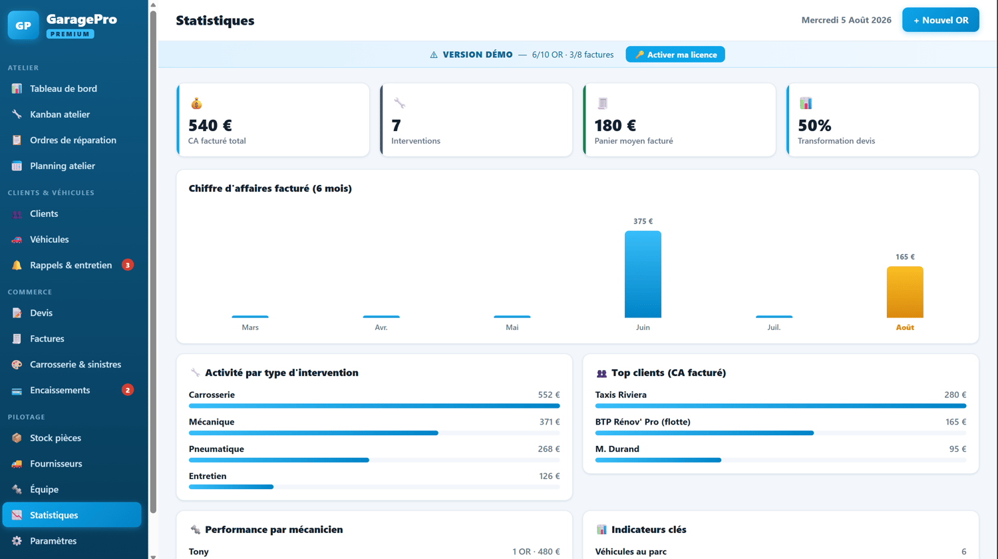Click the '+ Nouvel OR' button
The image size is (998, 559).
click(x=941, y=20)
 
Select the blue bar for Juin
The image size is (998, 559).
click(x=643, y=274)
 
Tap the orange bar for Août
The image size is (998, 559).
click(x=905, y=292)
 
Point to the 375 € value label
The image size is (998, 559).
click(x=643, y=221)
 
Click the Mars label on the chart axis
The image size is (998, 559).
click(x=250, y=327)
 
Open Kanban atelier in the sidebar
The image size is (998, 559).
click(x=60, y=114)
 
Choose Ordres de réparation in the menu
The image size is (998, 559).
click(x=73, y=140)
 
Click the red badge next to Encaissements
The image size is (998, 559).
click(x=128, y=390)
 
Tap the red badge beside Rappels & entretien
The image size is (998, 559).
click(x=128, y=266)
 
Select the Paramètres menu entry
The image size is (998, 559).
click(x=53, y=541)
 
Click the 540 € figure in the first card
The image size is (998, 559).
click(x=210, y=125)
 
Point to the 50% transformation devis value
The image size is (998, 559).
click(x=814, y=125)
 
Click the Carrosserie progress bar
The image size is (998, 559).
click(x=374, y=406)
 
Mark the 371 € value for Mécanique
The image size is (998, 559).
click(x=550, y=422)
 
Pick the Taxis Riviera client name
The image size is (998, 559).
click(x=621, y=395)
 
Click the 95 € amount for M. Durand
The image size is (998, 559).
click(x=957, y=449)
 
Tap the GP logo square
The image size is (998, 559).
click(x=23, y=25)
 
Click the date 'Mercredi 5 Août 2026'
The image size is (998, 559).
click(x=846, y=20)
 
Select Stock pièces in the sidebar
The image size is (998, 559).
click(x=55, y=438)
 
